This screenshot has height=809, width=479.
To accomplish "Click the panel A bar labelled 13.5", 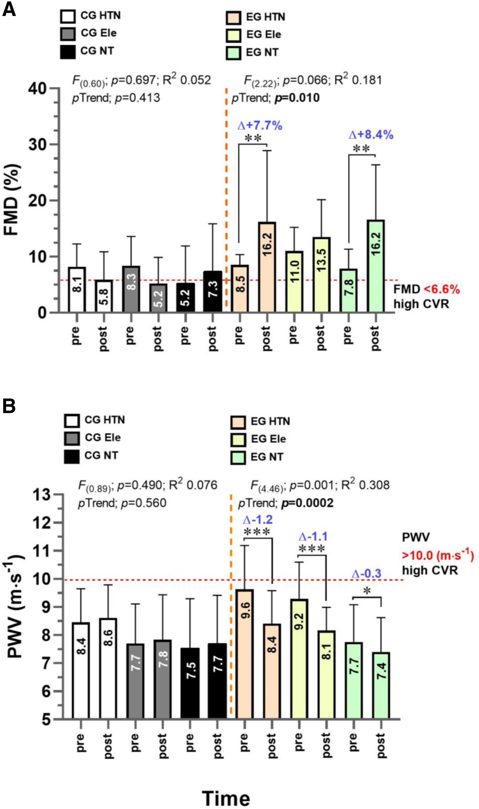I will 321,275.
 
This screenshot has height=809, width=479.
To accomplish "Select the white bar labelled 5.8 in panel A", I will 104,296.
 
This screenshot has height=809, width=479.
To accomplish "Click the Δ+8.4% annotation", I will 371,135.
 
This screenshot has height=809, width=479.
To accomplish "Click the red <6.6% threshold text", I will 442,289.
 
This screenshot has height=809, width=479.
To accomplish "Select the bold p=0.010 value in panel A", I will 297,98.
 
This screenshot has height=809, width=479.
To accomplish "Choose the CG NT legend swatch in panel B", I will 71,457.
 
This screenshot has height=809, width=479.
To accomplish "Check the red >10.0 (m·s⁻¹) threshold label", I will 438,556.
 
